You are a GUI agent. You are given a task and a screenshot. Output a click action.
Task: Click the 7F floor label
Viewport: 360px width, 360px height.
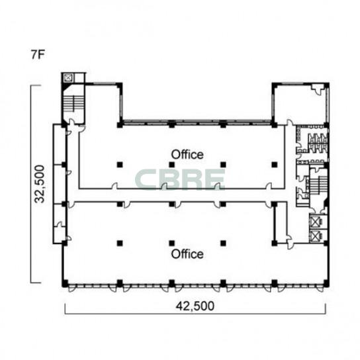38,54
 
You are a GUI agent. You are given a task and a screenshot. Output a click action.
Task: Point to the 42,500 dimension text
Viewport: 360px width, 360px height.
195,306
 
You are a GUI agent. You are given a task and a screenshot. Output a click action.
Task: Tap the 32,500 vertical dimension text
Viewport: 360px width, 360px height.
39,184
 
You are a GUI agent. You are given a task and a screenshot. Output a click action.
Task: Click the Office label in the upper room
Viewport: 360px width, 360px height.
187,154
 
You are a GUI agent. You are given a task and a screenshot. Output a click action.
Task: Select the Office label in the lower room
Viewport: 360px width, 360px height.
187,254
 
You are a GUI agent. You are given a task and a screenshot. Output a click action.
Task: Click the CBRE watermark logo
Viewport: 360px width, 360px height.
180,179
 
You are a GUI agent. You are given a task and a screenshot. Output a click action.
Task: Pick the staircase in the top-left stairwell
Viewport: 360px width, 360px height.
73,104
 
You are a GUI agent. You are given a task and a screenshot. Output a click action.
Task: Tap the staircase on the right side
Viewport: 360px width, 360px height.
318,184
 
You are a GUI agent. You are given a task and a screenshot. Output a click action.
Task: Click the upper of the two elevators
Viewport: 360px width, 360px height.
315,222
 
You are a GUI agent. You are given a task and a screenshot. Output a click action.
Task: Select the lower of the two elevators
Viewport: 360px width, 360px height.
315,236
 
